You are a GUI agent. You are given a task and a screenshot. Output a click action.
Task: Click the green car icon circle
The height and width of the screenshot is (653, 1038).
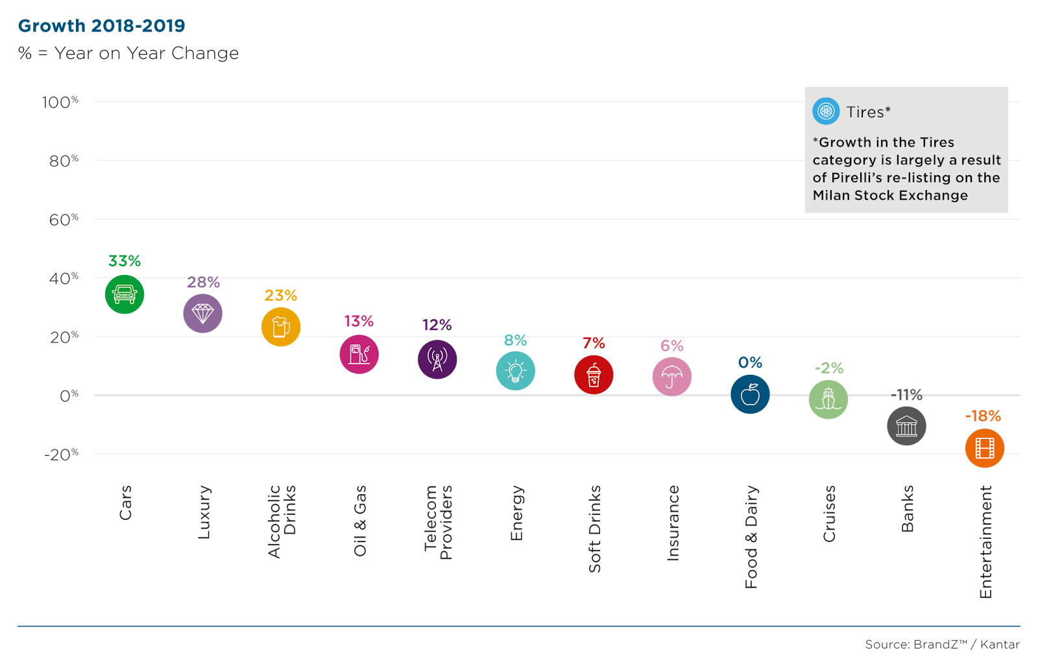coord(125,294)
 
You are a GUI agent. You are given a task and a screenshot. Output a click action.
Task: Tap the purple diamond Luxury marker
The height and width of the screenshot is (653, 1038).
coord(202,314)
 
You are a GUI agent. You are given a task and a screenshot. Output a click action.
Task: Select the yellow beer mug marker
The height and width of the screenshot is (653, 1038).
coord(281,327)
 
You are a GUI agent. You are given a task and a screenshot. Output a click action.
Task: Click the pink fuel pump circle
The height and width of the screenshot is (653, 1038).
coord(359,355)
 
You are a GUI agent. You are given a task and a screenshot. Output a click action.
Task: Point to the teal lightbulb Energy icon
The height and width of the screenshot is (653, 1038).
coord(516,371)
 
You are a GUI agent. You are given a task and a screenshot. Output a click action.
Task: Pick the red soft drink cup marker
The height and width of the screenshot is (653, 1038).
coord(594,375)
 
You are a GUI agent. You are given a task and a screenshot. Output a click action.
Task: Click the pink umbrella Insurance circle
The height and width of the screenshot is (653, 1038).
coord(672,377)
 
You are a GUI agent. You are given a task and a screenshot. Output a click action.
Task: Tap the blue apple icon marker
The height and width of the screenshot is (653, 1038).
coord(750,394)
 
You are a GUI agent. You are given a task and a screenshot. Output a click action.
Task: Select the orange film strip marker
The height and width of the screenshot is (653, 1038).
coord(985,448)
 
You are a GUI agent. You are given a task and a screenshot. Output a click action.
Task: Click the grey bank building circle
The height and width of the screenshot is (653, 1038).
coord(906,426)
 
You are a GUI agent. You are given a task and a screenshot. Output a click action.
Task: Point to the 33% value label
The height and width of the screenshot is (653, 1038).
coord(125,261)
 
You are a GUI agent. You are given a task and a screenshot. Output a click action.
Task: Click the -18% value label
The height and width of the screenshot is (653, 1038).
coord(983,416)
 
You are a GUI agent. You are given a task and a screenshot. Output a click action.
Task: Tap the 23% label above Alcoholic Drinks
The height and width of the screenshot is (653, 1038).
coord(281,296)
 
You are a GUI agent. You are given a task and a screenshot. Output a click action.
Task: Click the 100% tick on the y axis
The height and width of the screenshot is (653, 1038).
coord(60,102)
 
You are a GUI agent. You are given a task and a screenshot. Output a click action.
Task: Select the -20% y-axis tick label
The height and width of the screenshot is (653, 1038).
coord(61,455)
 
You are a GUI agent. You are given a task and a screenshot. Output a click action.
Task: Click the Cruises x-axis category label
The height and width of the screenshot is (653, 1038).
coord(830,514)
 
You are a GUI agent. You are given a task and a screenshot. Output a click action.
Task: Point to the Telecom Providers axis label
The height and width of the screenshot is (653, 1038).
coord(438,523)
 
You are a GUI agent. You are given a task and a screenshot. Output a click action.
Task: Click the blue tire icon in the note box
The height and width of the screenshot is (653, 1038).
coord(826,112)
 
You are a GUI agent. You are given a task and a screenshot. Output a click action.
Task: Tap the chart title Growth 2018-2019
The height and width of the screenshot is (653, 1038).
coord(102,26)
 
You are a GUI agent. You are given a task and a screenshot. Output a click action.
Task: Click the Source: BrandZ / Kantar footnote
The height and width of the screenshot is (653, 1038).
coord(942,645)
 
